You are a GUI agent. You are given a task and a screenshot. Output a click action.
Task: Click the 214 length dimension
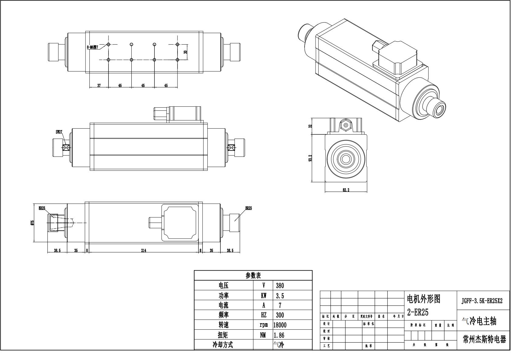pos(143,251)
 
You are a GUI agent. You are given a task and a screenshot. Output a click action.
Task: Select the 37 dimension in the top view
pos(99,86)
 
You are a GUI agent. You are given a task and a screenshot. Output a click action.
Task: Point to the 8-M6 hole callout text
pos(92,47)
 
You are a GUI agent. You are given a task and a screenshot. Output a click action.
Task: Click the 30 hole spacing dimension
pos(185,52)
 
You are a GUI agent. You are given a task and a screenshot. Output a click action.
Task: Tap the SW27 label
pos(59,132)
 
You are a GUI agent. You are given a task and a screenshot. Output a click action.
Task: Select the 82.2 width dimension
pos(346,190)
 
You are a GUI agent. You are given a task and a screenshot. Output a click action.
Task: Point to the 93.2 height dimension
pos(310,158)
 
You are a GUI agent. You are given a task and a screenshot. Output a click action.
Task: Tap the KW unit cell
pos(263,296)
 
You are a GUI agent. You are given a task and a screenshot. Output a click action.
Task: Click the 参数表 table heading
pos(253,276)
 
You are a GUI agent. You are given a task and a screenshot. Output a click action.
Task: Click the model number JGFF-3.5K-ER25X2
pos(482,301)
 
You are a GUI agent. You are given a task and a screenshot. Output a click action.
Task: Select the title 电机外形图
pos(423,299)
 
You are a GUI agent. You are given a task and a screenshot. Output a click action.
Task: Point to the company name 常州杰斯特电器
pos(484,340)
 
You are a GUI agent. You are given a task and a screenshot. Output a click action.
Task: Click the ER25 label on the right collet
pos(248,208)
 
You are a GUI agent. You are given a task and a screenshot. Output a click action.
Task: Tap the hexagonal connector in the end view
pos(345,125)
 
